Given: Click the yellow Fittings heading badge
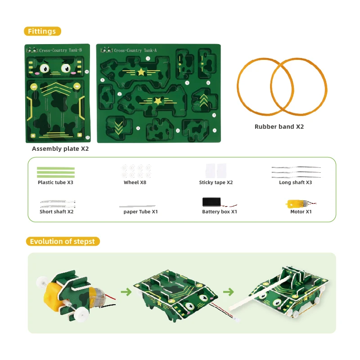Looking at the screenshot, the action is (42, 31).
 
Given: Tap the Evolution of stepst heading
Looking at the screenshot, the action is (63, 241).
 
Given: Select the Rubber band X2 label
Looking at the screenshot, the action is (279, 127).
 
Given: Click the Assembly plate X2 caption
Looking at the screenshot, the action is (60, 149).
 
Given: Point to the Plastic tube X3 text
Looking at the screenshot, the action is (55, 183).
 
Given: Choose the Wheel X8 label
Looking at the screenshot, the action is (135, 183).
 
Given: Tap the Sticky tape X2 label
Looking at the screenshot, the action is (216, 183).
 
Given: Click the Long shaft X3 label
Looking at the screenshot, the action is (296, 183).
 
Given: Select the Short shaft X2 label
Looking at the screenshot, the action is (57, 211).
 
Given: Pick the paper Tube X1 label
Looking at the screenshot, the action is (141, 211).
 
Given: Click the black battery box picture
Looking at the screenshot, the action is (211, 202).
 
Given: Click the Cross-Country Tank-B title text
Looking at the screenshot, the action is (60, 50).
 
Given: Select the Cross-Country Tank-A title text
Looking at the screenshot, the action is (135, 50).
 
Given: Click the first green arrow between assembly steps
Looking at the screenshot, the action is (126, 292).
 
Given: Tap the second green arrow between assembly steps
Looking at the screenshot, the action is (229, 292).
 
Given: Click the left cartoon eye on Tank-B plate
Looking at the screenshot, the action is (45, 68).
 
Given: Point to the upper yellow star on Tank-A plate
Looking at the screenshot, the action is (141, 72).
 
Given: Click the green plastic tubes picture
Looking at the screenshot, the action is (56, 172).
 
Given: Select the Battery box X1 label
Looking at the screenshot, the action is (220, 211).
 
